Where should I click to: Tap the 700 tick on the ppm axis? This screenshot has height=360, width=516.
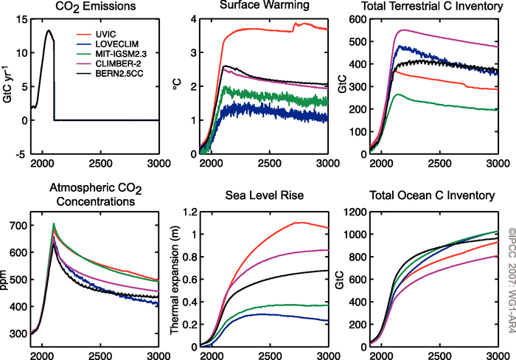click(x=16, y=225)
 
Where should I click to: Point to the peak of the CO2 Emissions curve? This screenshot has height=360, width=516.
click(x=48, y=31)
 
